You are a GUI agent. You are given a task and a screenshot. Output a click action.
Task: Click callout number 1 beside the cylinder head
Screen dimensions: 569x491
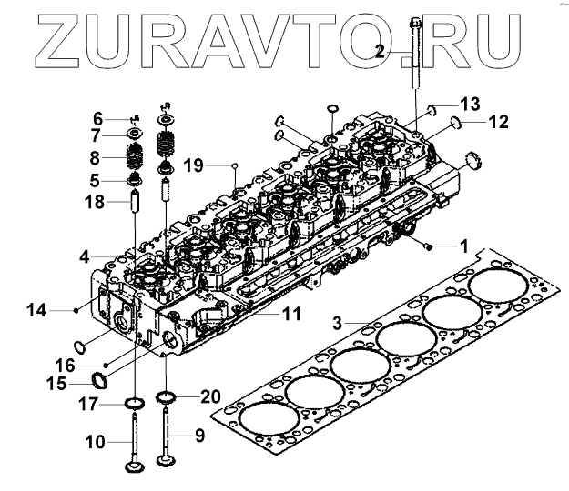point(463,245)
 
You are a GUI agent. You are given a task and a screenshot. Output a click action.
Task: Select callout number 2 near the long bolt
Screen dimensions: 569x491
point(380,52)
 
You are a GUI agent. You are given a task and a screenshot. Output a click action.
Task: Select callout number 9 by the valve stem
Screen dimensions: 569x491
point(200,436)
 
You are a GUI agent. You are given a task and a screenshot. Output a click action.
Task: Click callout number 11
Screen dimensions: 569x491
point(290,314)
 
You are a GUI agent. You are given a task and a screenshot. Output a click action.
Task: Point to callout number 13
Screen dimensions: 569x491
point(468,102)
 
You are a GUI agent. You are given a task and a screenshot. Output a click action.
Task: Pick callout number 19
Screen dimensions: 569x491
point(191,165)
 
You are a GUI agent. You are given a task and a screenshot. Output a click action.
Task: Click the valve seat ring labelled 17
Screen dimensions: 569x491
point(136,402)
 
